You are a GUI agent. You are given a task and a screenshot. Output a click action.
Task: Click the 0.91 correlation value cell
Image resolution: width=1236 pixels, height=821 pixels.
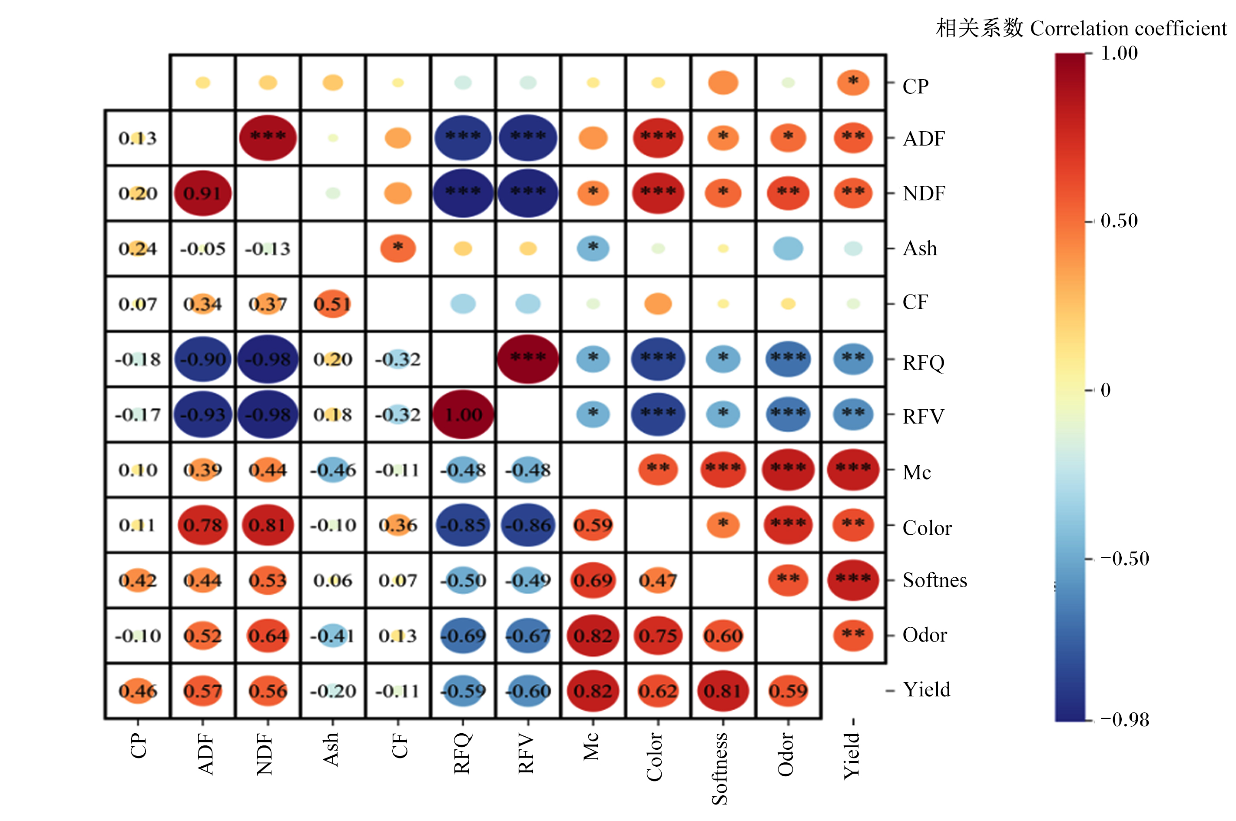(x=202, y=193)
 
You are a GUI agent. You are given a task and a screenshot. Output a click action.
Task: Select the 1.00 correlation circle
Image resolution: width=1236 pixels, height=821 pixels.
(x=463, y=415)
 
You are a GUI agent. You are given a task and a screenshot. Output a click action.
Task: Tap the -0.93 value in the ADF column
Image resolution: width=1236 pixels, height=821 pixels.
(x=202, y=415)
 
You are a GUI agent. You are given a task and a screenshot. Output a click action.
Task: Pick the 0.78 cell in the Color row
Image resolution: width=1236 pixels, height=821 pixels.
(x=202, y=525)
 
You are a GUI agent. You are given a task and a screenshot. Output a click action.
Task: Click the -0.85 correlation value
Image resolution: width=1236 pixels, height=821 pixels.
(x=463, y=525)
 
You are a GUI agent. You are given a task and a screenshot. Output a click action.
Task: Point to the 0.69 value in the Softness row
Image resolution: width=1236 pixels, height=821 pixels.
(x=593, y=580)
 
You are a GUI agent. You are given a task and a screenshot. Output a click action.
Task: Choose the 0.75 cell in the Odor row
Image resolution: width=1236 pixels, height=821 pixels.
(x=658, y=636)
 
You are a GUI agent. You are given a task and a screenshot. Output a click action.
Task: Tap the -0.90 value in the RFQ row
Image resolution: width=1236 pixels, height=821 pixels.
(x=202, y=359)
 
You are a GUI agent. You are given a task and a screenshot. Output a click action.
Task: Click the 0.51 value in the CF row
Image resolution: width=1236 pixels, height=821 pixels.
(x=332, y=304)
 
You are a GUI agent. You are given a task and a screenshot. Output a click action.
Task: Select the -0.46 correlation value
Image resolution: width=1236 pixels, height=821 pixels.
(x=332, y=470)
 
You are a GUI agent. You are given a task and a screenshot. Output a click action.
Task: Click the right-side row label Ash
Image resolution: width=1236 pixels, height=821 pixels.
(x=920, y=248)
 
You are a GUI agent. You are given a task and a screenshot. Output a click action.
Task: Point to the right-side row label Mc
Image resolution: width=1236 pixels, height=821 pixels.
(x=917, y=472)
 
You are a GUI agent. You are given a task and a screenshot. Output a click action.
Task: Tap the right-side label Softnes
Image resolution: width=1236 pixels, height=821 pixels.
(x=934, y=580)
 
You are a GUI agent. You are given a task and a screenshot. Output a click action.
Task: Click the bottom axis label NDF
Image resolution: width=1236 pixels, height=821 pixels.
(x=265, y=755)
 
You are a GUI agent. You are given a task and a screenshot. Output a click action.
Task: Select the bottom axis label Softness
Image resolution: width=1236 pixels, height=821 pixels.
(x=720, y=768)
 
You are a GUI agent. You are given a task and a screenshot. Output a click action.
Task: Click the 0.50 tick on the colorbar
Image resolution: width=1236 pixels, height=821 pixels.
(x=1119, y=221)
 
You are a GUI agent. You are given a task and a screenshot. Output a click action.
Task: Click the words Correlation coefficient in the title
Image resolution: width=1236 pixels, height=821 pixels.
(x=1128, y=29)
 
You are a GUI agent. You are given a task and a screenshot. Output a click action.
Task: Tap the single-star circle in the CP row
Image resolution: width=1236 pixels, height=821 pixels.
(x=853, y=82)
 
